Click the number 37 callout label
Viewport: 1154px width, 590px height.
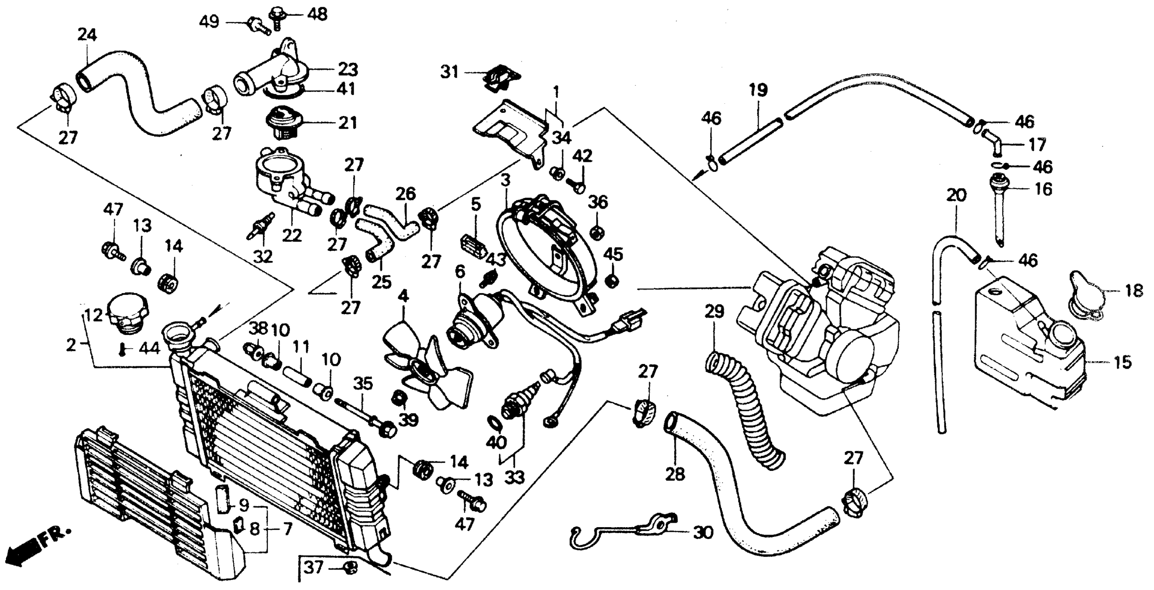click(313, 568)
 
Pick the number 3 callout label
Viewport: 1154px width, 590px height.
click(506, 180)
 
